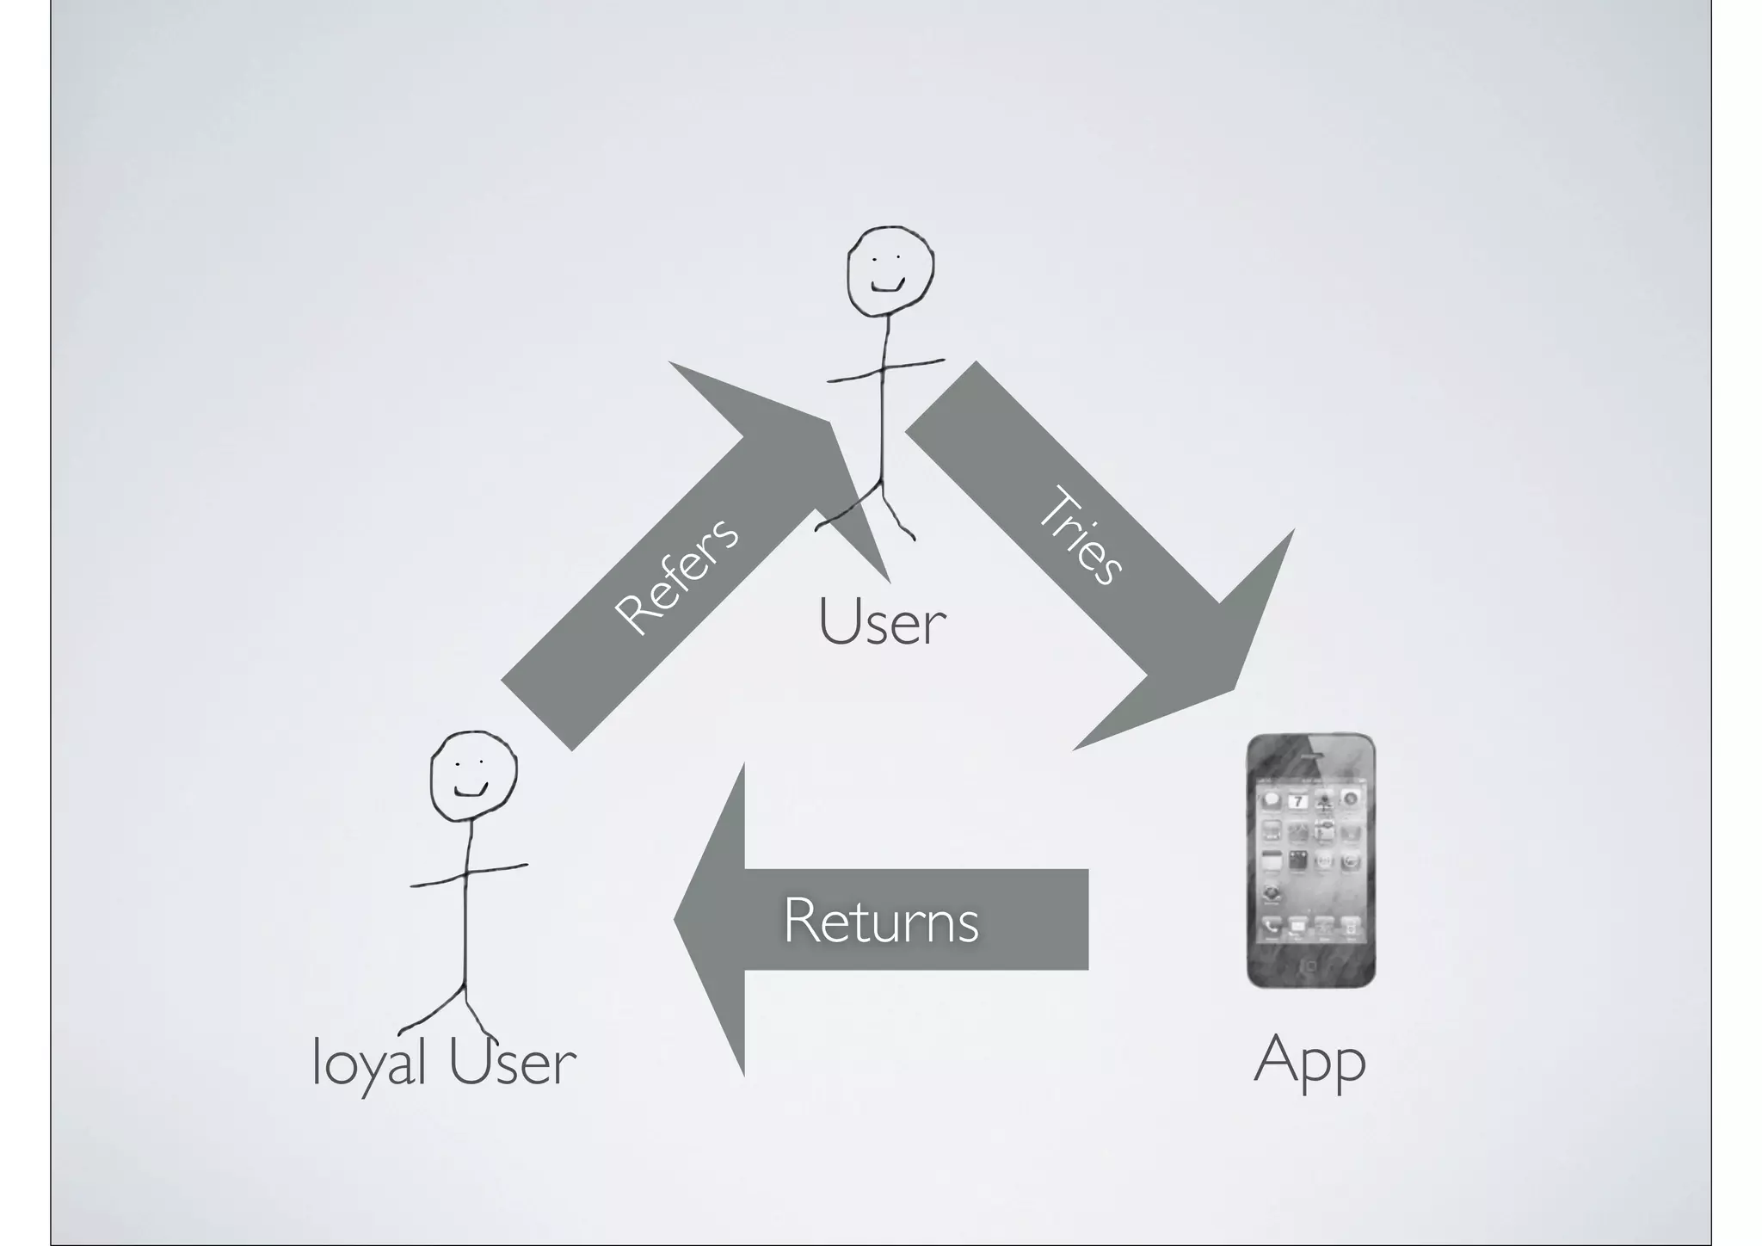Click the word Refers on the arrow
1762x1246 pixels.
[676, 577]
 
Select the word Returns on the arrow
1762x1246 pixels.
[880, 921]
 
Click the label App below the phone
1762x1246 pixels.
[1309, 1062]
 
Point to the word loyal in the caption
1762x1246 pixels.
[368, 1064]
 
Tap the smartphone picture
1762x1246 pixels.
[1310, 860]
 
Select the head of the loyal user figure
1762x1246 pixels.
[473, 775]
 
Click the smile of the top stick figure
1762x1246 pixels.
[888, 286]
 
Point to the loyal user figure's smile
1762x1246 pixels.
[471, 789]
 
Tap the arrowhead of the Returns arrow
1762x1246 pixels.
[710, 919]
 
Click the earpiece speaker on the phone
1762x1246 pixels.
[1310, 756]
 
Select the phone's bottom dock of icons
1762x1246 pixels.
[1310, 927]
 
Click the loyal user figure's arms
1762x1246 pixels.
[468, 875]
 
